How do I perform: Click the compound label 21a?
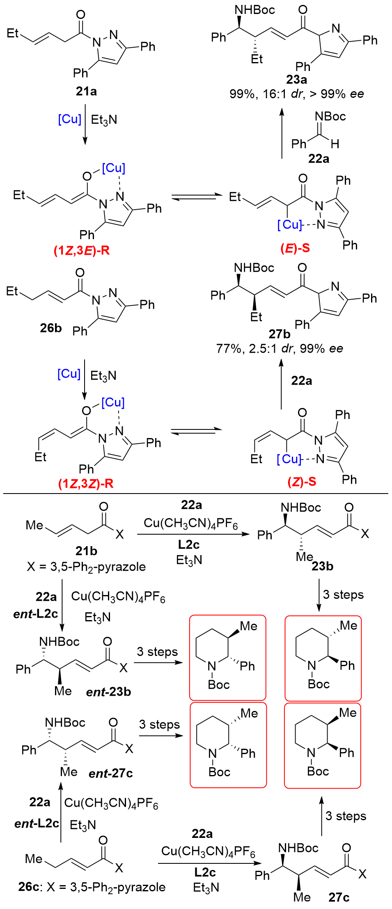[86, 91]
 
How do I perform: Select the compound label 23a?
[296, 79]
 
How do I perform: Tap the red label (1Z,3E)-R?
[82, 250]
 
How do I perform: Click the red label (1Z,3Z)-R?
[86, 484]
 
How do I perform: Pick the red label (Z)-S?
[302, 482]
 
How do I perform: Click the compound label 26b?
[50, 328]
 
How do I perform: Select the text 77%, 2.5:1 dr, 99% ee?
[280, 348]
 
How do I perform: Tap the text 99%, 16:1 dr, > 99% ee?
[296, 94]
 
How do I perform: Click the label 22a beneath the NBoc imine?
[319, 159]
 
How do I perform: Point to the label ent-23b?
[108, 692]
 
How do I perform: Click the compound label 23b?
[322, 566]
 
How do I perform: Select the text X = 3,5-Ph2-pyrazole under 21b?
[86, 567]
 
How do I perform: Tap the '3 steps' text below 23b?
[343, 595]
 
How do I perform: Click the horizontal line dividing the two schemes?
[196, 493]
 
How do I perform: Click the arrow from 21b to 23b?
[193, 534]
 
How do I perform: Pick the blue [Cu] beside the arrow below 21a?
[69, 119]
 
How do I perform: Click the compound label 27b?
[280, 334]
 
